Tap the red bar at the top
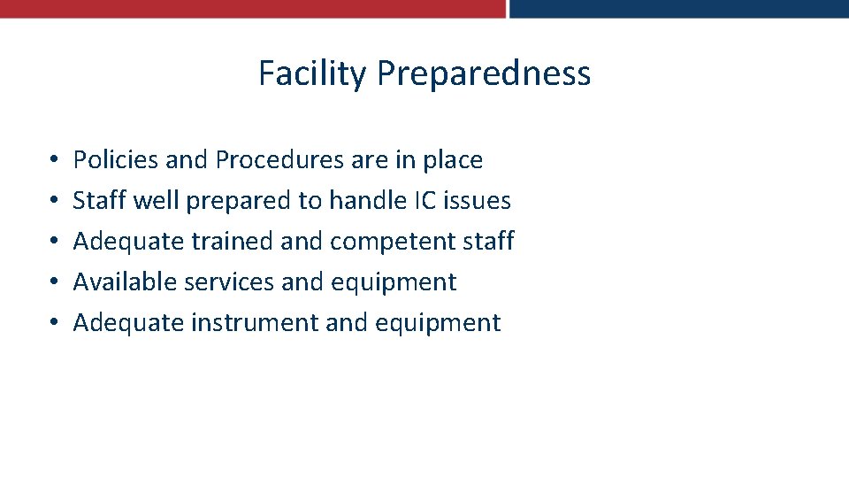click(252, 9)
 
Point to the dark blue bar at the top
click(678, 9)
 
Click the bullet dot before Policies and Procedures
click(54, 161)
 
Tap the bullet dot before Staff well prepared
click(54, 202)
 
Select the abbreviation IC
click(424, 201)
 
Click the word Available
click(124, 282)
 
